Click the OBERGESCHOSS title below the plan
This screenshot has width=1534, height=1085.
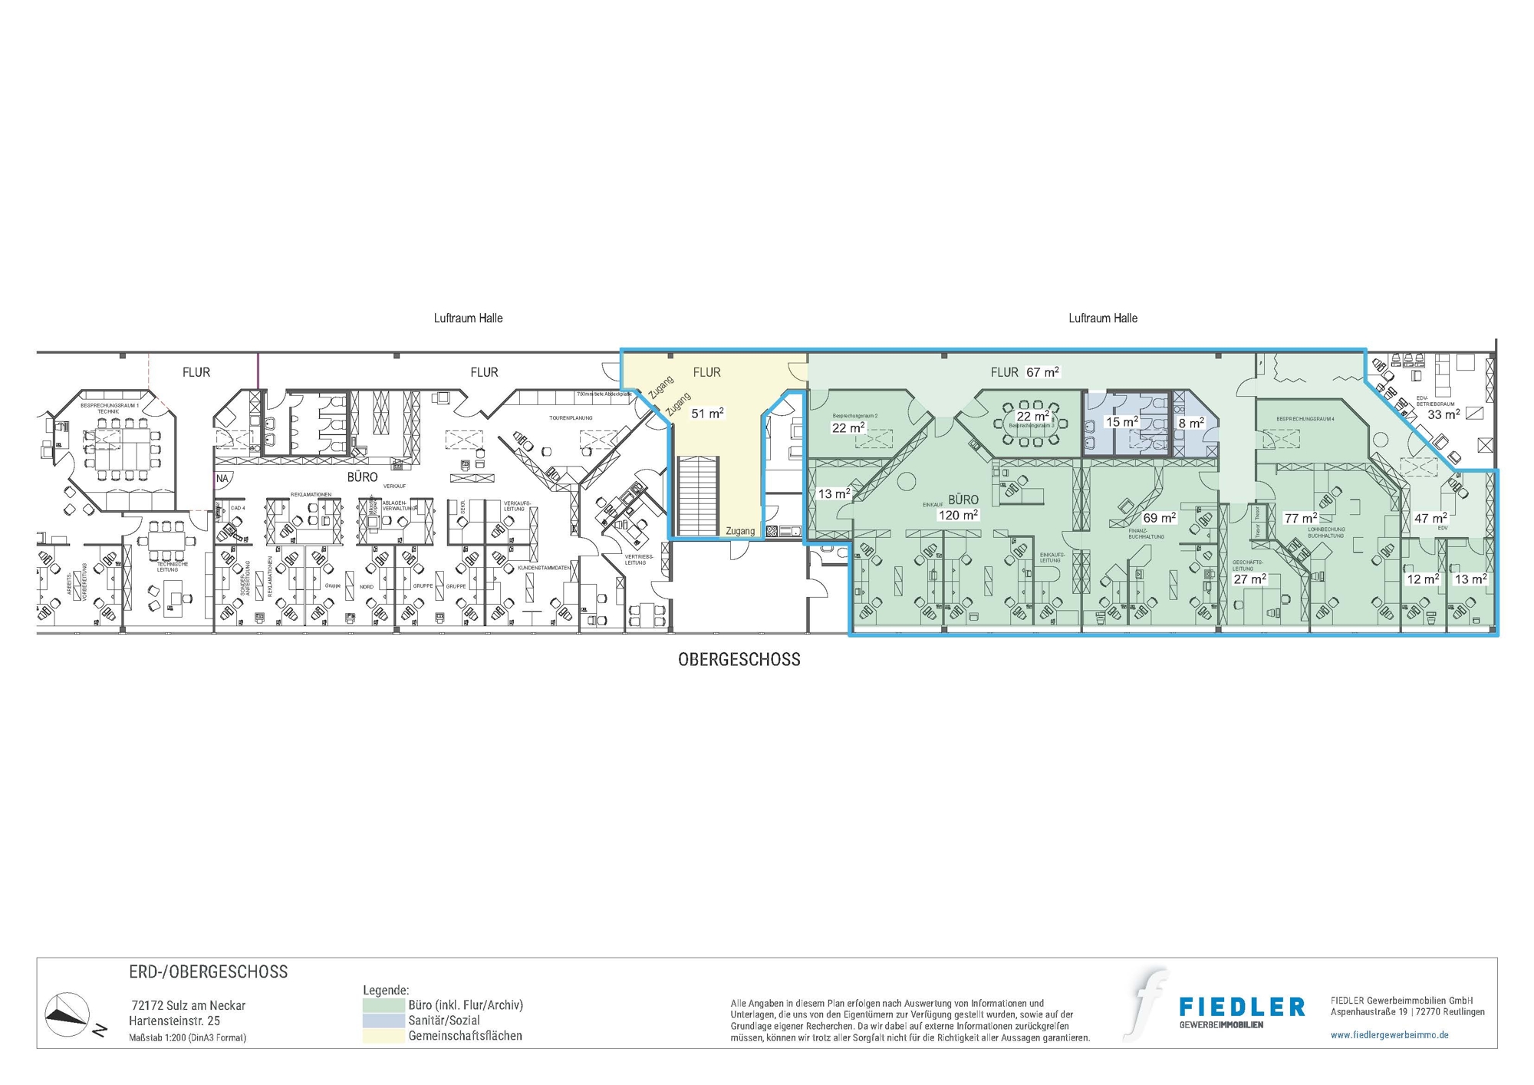click(739, 660)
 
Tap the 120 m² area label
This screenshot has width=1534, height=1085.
click(958, 516)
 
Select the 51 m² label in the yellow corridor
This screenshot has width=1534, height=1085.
click(707, 414)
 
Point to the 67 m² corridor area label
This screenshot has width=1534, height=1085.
click(1042, 372)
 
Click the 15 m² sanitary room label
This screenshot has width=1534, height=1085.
click(1121, 422)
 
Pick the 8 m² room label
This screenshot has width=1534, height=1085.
click(1190, 423)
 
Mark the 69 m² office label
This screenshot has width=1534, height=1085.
click(1159, 519)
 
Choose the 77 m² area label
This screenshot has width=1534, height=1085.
click(1300, 519)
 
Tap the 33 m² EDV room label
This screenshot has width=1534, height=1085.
click(1443, 414)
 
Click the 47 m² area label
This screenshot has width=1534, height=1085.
click(1430, 519)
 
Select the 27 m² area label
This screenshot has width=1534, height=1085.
click(1249, 579)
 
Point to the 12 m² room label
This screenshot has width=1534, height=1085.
click(1422, 579)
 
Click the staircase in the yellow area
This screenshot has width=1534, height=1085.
click(697, 496)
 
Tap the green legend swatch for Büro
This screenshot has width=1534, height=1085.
click(383, 1005)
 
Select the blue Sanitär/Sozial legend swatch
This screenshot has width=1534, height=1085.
click(383, 1021)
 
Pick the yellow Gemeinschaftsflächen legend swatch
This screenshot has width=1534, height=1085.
click(383, 1036)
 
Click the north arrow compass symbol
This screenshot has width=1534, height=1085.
click(67, 1015)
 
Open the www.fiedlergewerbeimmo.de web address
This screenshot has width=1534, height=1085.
click(1389, 1035)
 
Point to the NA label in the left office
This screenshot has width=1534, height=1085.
click(222, 479)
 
